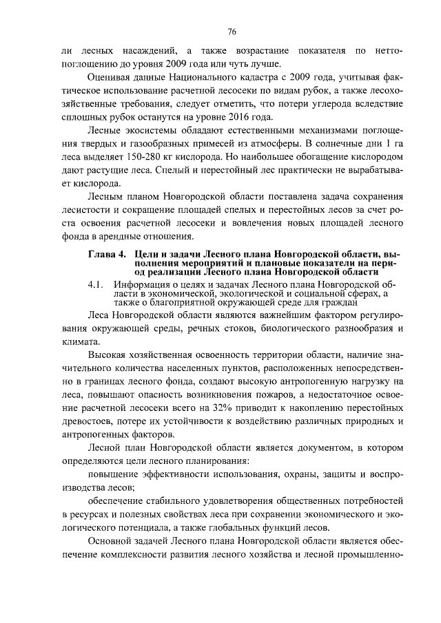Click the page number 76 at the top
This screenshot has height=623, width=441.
(x=232, y=32)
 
